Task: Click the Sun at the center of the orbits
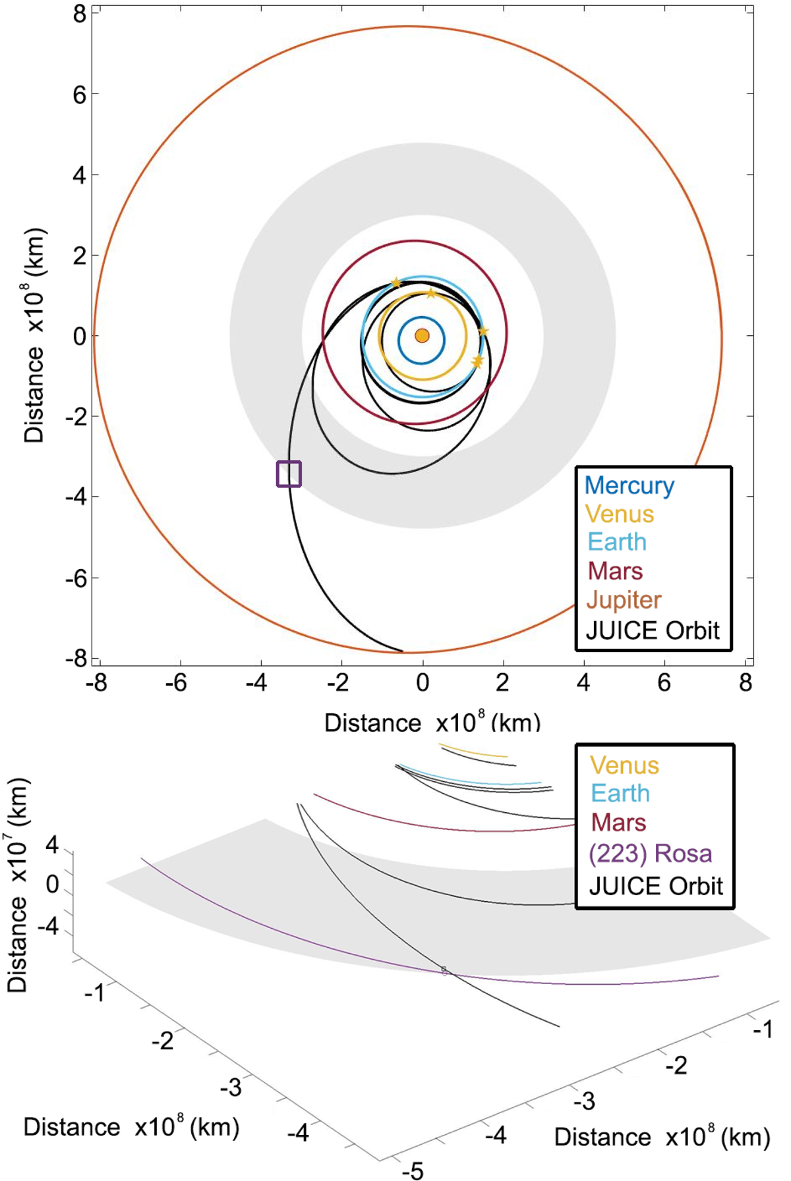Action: (x=422, y=336)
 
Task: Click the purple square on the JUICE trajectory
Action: (x=289, y=474)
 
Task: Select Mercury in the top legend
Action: (x=629, y=485)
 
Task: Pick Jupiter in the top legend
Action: (x=623, y=600)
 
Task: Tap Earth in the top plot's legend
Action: (x=617, y=542)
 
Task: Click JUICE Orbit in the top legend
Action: (x=653, y=630)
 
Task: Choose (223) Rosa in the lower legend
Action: (x=650, y=854)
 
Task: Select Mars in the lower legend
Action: (x=618, y=823)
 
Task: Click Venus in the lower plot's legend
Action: (x=624, y=765)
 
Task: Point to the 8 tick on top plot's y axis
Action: (x=80, y=13)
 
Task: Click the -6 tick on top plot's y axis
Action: (x=76, y=578)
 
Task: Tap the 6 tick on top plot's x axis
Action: (x=664, y=684)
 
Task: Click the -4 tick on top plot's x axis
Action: (x=256, y=684)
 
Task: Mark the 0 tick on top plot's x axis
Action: (x=423, y=684)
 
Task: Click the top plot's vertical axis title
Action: (x=34, y=336)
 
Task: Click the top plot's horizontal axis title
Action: (x=432, y=723)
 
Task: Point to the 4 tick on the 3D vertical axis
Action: (x=52, y=845)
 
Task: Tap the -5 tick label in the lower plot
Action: (x=413, y=1170)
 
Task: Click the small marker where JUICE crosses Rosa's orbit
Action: (x=444, y=970)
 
